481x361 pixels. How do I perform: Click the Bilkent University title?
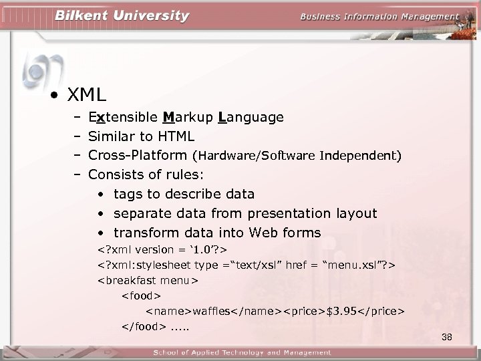point(122,16)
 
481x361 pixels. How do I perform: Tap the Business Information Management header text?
point(379,17)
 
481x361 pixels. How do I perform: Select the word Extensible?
point(123,118)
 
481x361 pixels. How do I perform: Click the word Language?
point(251,118)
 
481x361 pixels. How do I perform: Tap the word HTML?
point(176,137)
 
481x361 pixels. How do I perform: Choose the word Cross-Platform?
point(138,156)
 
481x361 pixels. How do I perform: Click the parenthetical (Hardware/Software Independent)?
point(297,156)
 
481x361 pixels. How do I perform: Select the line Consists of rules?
point(146,175)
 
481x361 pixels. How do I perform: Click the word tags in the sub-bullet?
point(128,195)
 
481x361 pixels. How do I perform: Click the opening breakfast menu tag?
point(148,280)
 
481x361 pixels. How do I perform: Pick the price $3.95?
point(342,312)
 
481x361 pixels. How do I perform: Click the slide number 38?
point(447,337)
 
